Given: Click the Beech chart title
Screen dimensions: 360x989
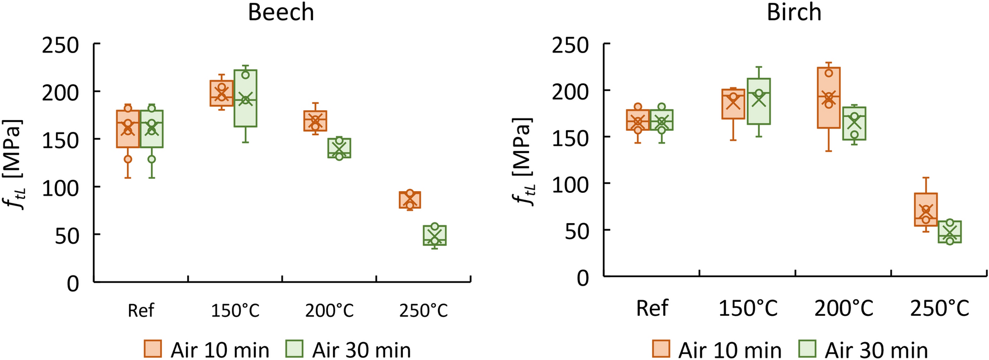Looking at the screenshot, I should pyautogui.click(x=280, y=12).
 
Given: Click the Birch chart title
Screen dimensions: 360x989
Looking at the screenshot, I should pyautogui.click(x=793, y=12).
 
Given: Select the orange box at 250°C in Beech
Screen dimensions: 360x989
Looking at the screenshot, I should pyautogui.click(x=410, y=200).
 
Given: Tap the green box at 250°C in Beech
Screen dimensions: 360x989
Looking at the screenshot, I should pyautogui.click(x=435, y=235).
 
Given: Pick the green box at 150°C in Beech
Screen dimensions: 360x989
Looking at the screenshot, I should pyautogui.click(x=245, y=98).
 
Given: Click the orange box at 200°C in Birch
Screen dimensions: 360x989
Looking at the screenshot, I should pyautogui.click(x=829, y=98).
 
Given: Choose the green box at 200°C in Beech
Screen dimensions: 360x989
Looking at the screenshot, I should pyautogui.click(x=339, y=148).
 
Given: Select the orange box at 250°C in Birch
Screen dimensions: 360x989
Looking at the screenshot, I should pyautogui.click(x=926, y=210).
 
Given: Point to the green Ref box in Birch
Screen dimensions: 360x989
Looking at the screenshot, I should pyautogui.click(x=662, y=120).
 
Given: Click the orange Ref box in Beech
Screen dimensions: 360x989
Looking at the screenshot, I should pyautogui.click(x=128, y=129).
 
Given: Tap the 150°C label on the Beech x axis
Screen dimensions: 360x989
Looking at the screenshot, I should pyautogui.click(x=235, y=311).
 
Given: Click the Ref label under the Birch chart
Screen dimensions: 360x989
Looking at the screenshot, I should pyautogui.click(x=652, y=308).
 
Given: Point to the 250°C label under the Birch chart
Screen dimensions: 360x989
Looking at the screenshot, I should pyautogui.click(x=939, y=308).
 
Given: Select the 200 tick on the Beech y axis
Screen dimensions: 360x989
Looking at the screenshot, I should pyautogui.click(x=61, y=92).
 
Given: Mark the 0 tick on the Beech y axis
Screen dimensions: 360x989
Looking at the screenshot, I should pyautogui.click(x=73, y=283).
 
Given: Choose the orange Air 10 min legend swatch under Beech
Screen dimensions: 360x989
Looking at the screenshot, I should pyautogui.click(x=153, y=349).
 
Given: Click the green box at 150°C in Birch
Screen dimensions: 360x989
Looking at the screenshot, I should pyautogui.click(x=758, y=101).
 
